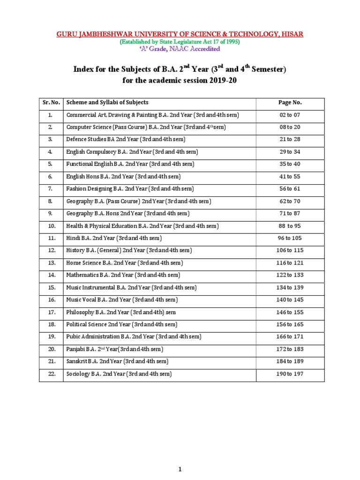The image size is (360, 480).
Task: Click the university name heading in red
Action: click(x=180, y=34)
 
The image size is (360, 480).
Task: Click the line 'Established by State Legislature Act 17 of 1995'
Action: click(x=180, y=41)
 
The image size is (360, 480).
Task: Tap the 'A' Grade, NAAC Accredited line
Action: click(x=180, y=49)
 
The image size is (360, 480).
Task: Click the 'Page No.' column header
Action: click(x=290, y=102)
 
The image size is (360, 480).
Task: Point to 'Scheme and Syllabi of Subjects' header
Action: click(x=107, y=102)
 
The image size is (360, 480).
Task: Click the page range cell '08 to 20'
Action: click(x=290, y=127)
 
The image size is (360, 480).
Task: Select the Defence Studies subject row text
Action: click(x=126, y=139)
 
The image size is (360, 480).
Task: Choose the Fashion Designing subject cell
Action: click(x=130, y=189)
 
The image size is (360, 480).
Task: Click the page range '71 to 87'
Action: click(x=290, y=214)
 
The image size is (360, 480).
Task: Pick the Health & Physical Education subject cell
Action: click(x=142, y=226)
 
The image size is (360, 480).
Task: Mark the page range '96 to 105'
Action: click(x=290, y=239)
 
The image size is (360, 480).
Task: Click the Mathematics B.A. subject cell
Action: click(x=123, y=275)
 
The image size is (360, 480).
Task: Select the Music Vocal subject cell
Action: click(x=122, y=300)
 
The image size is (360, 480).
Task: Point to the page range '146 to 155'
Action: click(x=290, y=312)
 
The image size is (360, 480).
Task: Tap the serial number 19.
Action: click(x=51, y=337)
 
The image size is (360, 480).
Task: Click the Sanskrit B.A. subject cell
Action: click(x=117, y=361)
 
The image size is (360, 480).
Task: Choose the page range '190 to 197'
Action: click(x=290, y=374)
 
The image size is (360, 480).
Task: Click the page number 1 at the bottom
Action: click(x=180, y=456)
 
